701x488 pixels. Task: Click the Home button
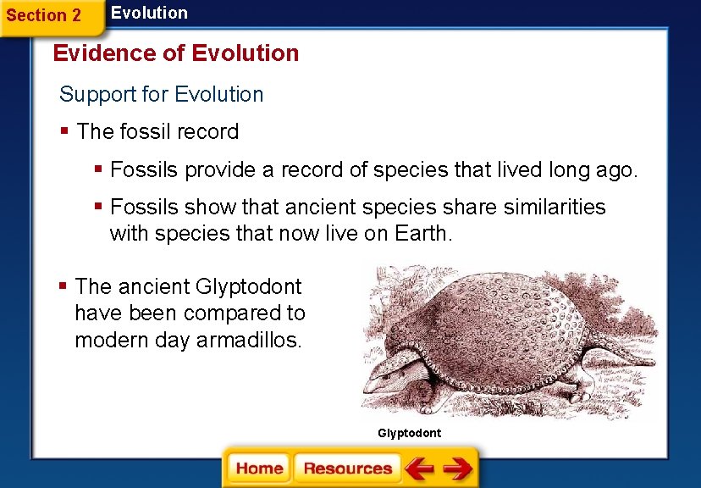click(259, 469)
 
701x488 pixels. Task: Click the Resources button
click(347, 469)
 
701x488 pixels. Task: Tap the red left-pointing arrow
click(418, 469)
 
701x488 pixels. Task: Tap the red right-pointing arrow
click(457, 469)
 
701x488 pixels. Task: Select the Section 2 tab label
click(44, 15)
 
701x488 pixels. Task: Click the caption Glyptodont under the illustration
click(409, 433)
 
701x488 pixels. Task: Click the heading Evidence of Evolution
click(175, 53)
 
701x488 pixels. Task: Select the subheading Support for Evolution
click(162, 94)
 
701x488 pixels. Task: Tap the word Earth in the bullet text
click(422, 234)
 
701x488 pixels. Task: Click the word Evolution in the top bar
click(149, 13)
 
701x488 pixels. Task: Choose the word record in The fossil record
click(208, 132)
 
